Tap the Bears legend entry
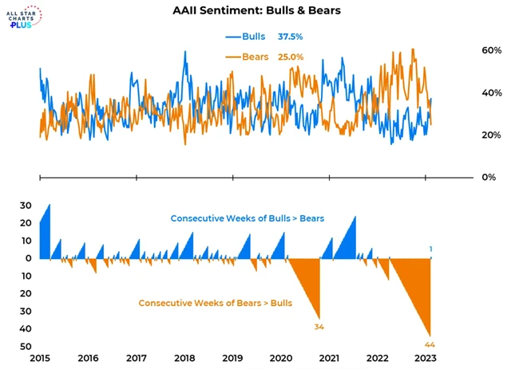point(248,57)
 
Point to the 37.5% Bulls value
point(291,37)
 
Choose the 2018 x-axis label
point(185,358)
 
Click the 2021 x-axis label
point(330,358)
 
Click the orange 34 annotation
point(319,327)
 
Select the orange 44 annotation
point(430,344)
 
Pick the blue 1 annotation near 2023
point(431,249)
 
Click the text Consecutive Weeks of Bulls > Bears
point(247,218)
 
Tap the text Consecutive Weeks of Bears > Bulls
point(215,303)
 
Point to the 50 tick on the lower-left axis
point(26,346)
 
